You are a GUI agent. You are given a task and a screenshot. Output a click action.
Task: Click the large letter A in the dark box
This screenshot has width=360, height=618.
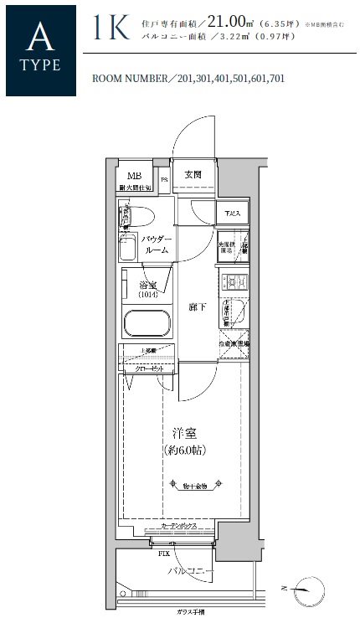pyautogui.click(x=40, y=38)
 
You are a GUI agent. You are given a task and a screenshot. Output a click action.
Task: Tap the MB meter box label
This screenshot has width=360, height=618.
pyautogui.click(x=134, y=176)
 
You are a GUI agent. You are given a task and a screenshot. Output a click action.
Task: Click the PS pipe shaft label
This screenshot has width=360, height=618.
pyautogui.click(x=164, y=178)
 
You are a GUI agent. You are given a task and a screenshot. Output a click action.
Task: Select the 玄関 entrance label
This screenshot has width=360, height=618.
pyautogui.click(x=193, y=174)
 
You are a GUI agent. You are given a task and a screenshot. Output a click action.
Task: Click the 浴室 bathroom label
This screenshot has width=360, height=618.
pyautogui.click(x=147, y=289)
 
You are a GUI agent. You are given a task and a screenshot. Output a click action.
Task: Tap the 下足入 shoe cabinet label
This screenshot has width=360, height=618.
pyautogui.click(x=230, y=214)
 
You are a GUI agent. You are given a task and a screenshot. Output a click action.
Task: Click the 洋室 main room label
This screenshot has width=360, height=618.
pyautogui.click(x=184, y=434)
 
